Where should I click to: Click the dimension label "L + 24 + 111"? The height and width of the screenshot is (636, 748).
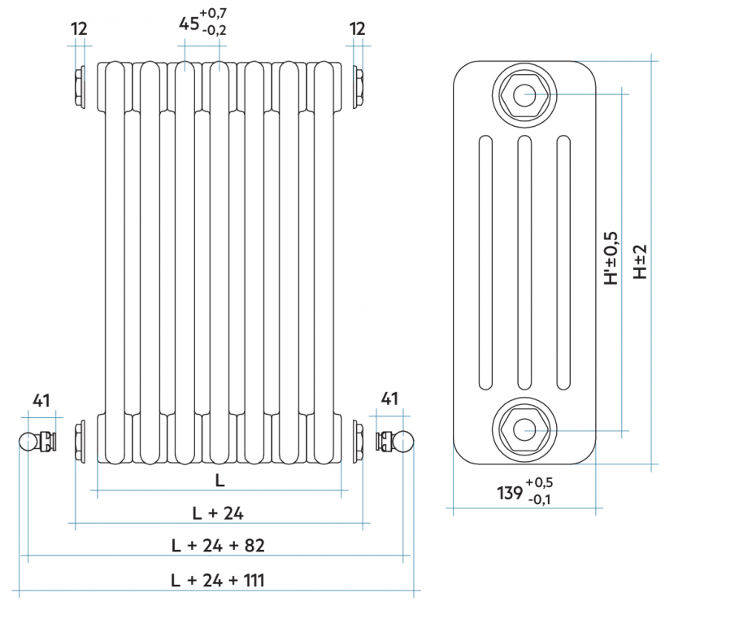218,580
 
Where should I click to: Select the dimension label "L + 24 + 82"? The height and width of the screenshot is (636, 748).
218,545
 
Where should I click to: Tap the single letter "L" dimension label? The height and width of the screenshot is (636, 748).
220,480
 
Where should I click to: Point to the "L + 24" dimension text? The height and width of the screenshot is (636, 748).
218,512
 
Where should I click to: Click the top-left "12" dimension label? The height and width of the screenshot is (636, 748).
79,28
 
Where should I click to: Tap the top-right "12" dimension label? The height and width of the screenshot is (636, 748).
358,28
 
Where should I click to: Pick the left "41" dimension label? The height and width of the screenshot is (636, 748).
41,399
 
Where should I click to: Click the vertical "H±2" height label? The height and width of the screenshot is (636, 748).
641,261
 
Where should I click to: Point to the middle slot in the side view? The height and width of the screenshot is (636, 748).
524,261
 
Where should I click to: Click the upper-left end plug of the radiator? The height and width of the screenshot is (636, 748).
80,88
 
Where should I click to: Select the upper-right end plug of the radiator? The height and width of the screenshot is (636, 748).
357,88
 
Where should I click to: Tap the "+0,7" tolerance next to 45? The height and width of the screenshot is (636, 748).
214,13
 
